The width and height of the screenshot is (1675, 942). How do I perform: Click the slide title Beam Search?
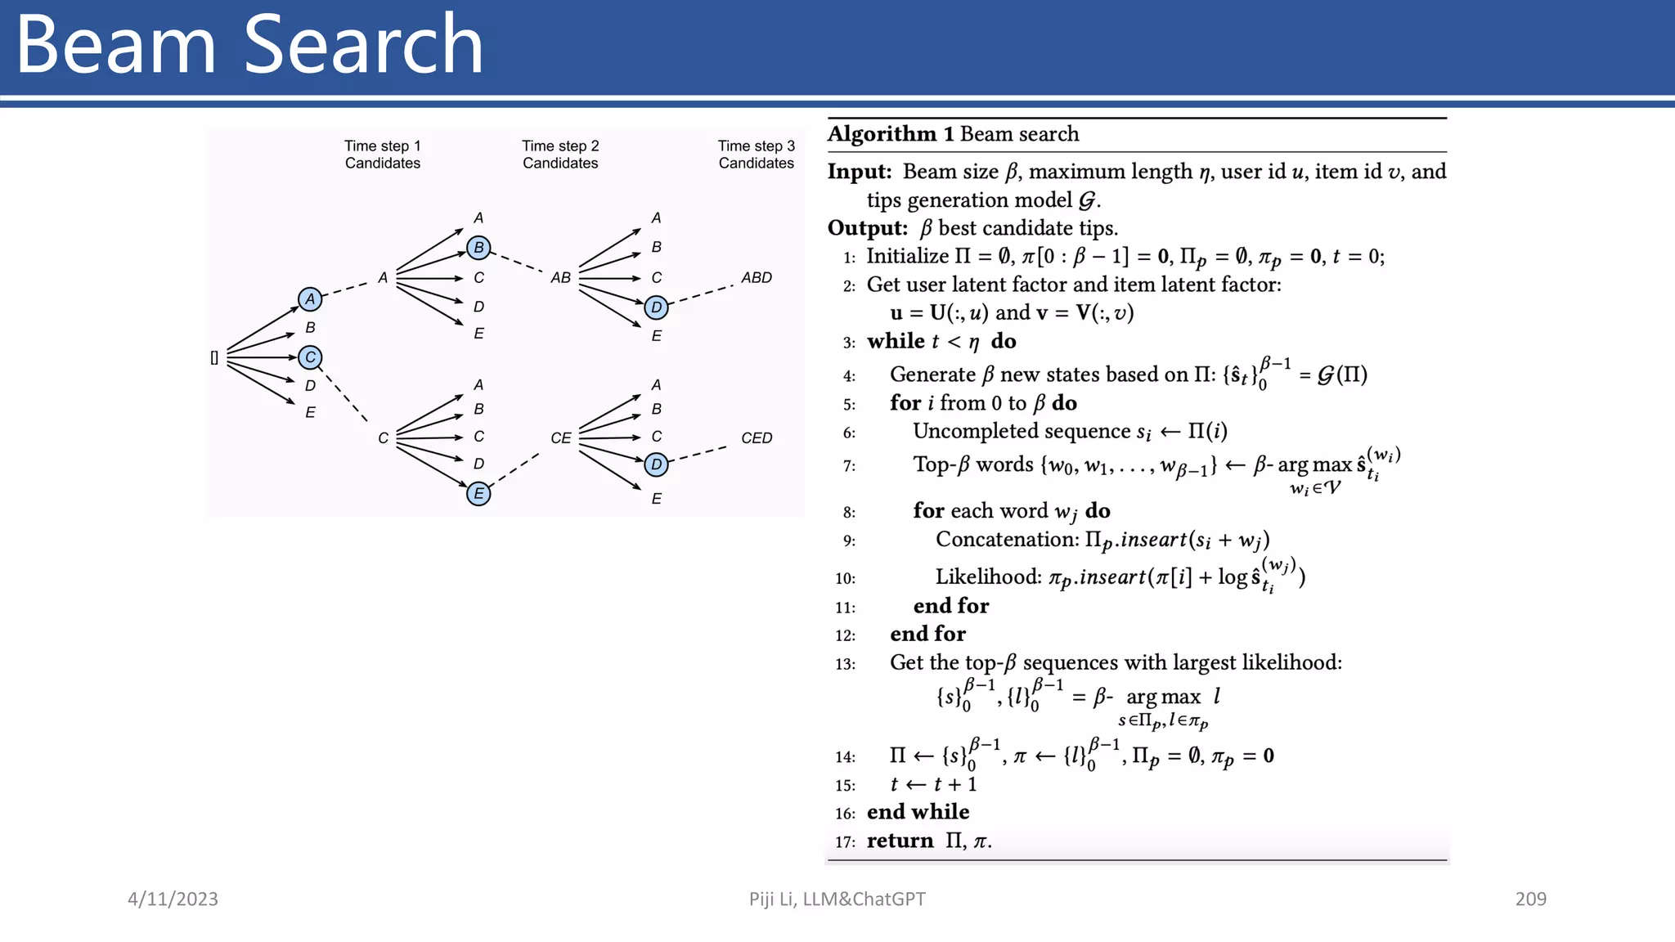(249, 45)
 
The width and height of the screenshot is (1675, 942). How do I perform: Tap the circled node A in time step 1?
(310, 299)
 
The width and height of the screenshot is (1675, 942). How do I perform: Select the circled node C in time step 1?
(310, 357)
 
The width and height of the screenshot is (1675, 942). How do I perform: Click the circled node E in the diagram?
(478, 494)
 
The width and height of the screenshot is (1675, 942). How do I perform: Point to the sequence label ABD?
(757, 278)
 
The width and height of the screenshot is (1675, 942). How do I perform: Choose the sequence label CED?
(757, 438)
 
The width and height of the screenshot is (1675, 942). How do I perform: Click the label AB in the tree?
(560, 278)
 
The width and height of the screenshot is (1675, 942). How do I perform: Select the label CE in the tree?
(560, 438)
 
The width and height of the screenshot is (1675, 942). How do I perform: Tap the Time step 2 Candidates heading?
(560, 155)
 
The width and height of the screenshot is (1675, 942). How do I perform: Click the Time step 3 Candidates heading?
(757, 155)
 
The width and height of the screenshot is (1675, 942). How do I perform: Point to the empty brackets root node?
(214, 358)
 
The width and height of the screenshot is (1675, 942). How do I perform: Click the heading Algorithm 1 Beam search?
(953, 134)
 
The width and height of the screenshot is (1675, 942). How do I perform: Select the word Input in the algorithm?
(858, 172)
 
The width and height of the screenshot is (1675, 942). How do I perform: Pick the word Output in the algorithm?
(866, 228)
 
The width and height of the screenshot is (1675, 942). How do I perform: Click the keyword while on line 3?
(896, 341)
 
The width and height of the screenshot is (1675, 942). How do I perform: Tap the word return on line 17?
(900, 841)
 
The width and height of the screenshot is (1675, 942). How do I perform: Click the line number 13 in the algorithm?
(845, 664)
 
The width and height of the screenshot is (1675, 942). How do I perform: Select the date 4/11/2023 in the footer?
(173, 899)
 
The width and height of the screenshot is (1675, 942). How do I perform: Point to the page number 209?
(1530, 899)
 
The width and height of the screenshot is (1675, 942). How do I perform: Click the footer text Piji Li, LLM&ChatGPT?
(837, 899)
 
